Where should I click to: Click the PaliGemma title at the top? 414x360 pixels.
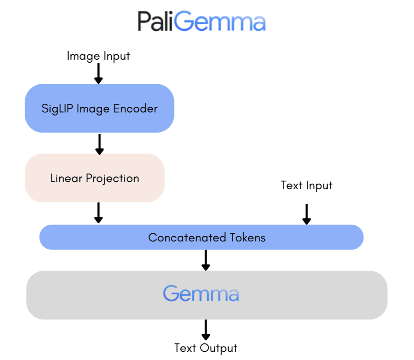pyautogui.click(x=201, y=21)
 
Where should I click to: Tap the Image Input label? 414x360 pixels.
pyautogui.click(x=98, y=56)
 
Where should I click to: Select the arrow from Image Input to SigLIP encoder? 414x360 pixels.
pyautogui.click(x=99, y=74)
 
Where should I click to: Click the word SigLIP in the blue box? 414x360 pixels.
pyautogui.click(x=57, y=109)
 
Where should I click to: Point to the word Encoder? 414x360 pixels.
pyautogui.click(x=135, y=108)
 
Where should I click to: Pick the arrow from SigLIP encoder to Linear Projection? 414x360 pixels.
pyautogui.click(x=99, y=144)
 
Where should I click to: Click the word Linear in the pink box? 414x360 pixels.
pyautogui.click(x=66, y=178)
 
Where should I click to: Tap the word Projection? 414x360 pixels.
pyautogui.click(x=112, y=179)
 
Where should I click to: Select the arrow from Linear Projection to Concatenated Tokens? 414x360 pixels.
pyautogui.click(x=99, y=213)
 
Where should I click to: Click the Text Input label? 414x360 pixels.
pyautogui.click(x=306, y=185)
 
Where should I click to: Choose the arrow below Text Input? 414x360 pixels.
pyautogui.click(x=306, y=214)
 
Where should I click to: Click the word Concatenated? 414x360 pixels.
pyautogui.click(x=187, y=237)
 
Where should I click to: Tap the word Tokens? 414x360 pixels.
pyautogui.click(x=248, y=237)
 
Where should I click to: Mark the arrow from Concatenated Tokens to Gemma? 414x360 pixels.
pyautogui.click(x=206, y=260)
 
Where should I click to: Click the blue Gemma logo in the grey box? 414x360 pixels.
pyautogui.click(x=201, y=293)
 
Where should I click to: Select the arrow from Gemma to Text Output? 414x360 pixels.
pyautogui.click(x=206, y=330)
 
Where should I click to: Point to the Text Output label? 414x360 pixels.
pyautogui.click(x=206, y=348)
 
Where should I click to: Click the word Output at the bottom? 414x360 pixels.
pyautogui.click(x=218, y=348)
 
